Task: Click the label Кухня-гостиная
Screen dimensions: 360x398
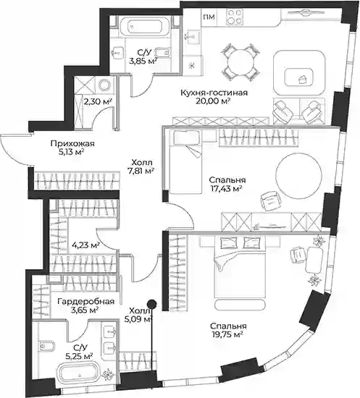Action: [x=214, y=93]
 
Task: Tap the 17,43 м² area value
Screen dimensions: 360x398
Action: [x=225, y=189]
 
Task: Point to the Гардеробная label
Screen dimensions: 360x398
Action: [x=86, y=302]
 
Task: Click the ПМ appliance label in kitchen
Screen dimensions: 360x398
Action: [x=209, y=17]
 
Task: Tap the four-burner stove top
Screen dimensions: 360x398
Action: [x=234, y=17]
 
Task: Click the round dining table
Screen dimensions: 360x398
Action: [x=241, y=62]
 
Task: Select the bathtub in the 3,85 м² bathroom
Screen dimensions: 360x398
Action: [x=145, y=26]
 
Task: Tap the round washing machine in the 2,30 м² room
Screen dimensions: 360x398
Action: [x=104, y=85]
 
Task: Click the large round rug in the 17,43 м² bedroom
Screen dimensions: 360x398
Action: [x=298, y=176]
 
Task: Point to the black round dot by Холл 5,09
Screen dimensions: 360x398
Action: [x=152, y=303]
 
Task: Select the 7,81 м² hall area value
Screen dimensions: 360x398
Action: [x=141, y=172]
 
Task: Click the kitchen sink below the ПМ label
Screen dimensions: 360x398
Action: [x=193, y=37]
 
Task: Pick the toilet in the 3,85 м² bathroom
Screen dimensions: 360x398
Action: [x=162, y=53]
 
